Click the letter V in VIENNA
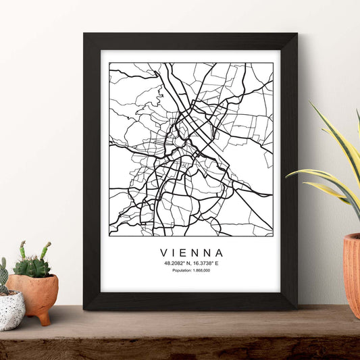[163, 252]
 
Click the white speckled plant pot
[11, 311]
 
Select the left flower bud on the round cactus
[22, 246]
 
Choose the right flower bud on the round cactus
[47, 247]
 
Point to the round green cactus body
[32, 267]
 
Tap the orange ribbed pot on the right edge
[352, 270]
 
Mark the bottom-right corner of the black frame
[296, 308]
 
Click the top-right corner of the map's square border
[272, 63]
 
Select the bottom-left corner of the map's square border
[109, 235]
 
